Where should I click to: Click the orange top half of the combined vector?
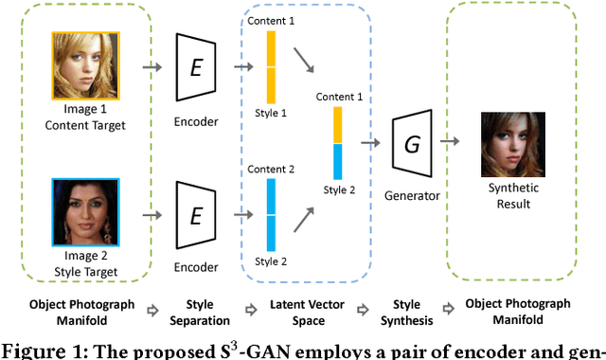(337, 125)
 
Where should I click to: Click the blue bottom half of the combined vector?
(337, 161)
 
